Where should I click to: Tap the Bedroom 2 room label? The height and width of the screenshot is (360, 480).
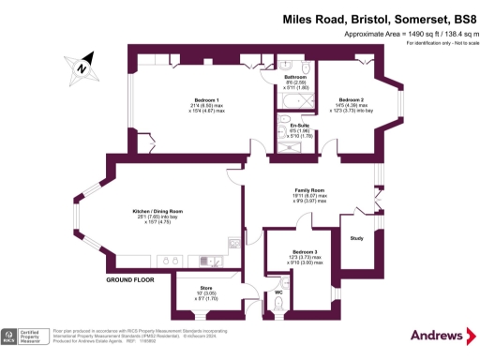point(351,100)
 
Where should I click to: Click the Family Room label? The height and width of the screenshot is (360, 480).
point(308,190)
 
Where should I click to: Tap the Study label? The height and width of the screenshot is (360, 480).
point(356,238)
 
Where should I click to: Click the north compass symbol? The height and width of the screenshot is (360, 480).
point(82,67)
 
